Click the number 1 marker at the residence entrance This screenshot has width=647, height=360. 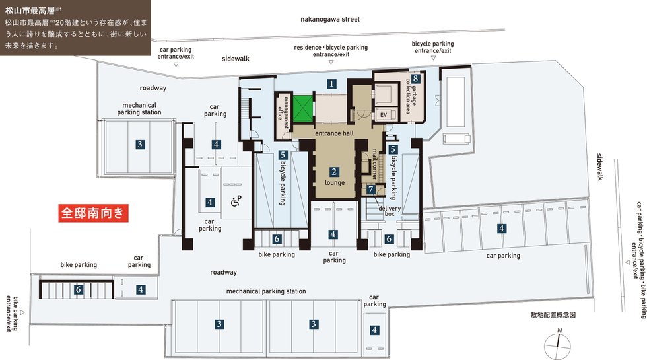[x=331, y=84]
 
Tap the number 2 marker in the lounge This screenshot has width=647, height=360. [x=334, y=172]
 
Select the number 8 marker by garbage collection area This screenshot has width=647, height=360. [x=415, y=79]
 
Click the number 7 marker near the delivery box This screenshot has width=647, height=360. [x=370, y=190]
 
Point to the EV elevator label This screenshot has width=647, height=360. [x=384, y=114]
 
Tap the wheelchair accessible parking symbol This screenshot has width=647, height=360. [x=236, y=201]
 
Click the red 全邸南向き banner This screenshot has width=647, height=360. [x=93, y=213]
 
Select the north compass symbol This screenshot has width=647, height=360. [x=558, y=345]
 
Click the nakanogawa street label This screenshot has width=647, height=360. [x=330, y=19]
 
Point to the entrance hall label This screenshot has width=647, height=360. [x=334, y=133]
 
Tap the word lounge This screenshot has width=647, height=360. [x=334, y=182]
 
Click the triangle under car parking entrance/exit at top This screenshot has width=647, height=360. [x=176, y=65]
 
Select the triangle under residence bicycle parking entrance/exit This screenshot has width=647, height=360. [x=331, y=62]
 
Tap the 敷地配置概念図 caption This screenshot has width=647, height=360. [x=553, y=315]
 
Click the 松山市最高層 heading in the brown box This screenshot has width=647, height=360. [x=30, y=11]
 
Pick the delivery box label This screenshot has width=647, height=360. [x=390, y=211]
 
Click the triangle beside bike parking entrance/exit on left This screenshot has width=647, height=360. [x=22, y=313]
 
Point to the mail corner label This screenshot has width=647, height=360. [x=375, y=164]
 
